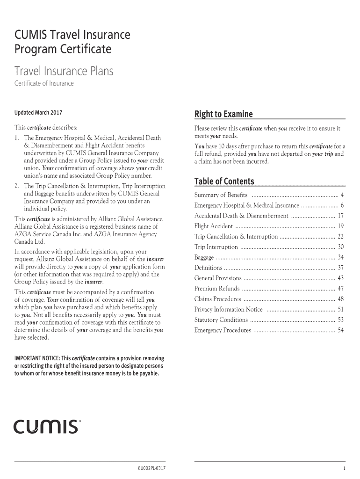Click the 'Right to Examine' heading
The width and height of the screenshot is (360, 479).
tap(223, 114)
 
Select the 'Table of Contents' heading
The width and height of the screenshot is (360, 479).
tap(224, 181)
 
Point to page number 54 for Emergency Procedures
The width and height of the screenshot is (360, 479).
tap(340, 330)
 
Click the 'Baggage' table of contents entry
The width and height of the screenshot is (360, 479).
tap(204, 257)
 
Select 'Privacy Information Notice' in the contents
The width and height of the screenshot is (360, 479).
tap(228, 310)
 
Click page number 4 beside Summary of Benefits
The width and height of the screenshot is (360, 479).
tap(342, 195)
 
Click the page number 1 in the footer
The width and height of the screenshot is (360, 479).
tap(344, 468)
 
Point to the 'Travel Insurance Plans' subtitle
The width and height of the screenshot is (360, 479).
tap(64, 71)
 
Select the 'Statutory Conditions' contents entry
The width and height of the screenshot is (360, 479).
tap(221, 320)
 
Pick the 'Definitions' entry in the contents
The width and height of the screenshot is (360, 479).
tap(208, 268)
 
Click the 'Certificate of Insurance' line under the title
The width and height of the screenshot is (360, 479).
tap(44, 84)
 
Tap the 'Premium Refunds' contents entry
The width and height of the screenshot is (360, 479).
tap(217, 289)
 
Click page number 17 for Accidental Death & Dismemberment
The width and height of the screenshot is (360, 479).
tap(340, 216)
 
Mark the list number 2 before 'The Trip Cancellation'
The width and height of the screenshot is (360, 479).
tap(17, 186)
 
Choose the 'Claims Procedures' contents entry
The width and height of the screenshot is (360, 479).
tap(217, 299)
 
